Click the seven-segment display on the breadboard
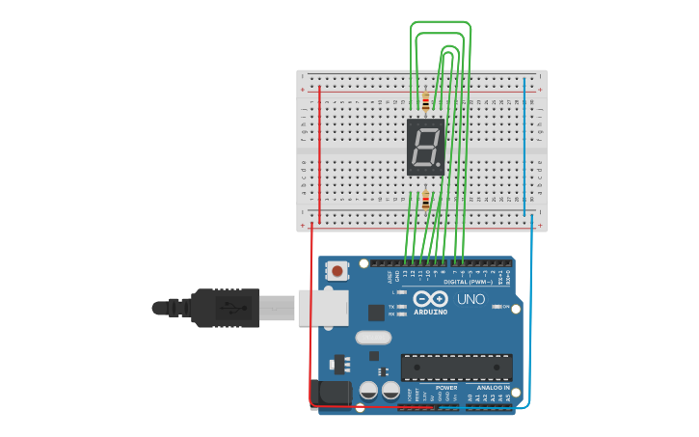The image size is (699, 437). point(425,147)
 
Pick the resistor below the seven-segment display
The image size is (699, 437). point(425,201)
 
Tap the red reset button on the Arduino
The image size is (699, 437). point(336,272)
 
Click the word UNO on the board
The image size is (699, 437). point(470,300)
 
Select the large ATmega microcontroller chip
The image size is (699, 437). point(456,368)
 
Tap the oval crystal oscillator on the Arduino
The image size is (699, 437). point(372,338)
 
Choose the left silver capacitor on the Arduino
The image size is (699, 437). point(368,391)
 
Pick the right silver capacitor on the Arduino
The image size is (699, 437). point(390,391)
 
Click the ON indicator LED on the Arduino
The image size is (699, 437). point(497,307)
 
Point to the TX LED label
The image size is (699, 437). point(392,306)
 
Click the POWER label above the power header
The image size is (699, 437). point(445,387)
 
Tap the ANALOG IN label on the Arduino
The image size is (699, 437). point(493,387)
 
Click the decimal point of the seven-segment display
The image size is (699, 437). point(440,167)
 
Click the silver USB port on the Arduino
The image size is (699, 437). point(321,307)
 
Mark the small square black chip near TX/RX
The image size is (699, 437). point(376,313)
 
